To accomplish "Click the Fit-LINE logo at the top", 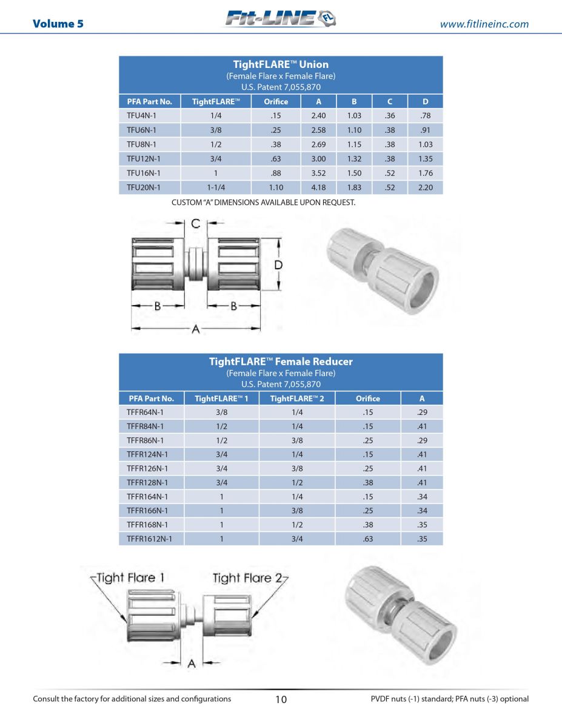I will point(280,19).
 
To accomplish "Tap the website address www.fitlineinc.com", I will point(484,24).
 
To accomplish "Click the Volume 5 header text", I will point(58,24).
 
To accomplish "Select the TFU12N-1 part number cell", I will point(144,159).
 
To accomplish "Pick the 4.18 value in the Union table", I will point(318,187).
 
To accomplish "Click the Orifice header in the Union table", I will point(276,101).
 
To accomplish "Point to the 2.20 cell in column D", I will point(426,187).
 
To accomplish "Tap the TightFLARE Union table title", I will point(281,64).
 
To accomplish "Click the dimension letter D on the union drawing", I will point(278,265).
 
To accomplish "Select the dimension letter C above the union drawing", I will point(196,224).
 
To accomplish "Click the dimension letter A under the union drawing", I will point(196,329).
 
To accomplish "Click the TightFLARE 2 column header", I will point(297,399).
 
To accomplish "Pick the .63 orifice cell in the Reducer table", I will point(368,538).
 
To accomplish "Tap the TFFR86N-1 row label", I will point(145,440).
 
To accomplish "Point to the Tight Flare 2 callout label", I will point(248,578).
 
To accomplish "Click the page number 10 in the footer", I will point(281,699).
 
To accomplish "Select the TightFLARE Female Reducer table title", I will point(281,362).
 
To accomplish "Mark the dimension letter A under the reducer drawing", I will point(192,664).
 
